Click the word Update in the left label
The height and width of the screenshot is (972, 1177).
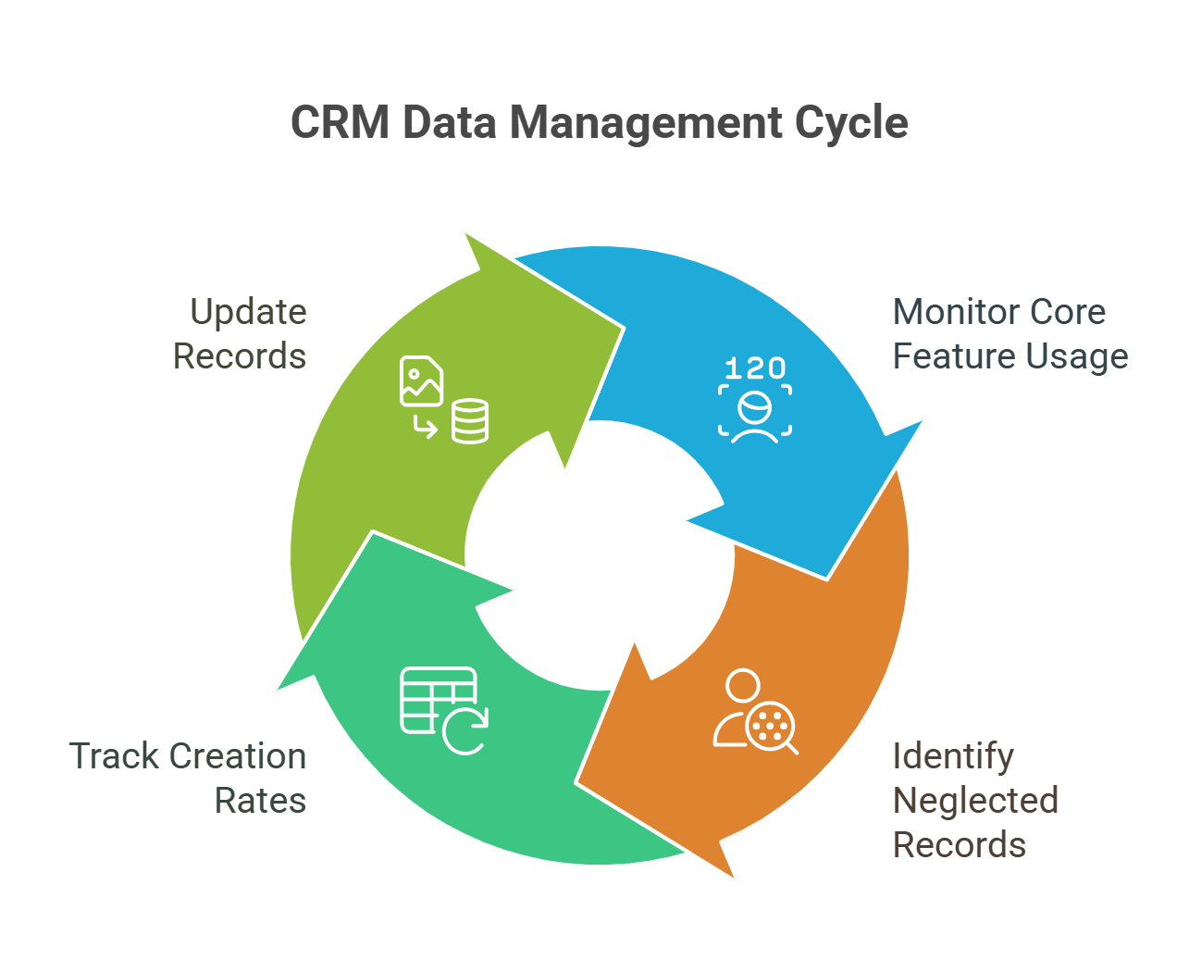tap(248, 312)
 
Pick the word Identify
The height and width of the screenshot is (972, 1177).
tap(953, 757)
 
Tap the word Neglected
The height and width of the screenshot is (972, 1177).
tap(975, 801)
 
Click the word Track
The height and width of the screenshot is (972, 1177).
tap(114, 756)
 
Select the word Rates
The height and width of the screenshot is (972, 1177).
tap(260, 801)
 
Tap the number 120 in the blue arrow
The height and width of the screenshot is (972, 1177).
tap(755, 368)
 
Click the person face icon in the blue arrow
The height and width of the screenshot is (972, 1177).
tap(755, 413)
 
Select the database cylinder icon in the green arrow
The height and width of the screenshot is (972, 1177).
tap(470, 421)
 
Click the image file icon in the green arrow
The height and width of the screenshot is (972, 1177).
tap(421, 380)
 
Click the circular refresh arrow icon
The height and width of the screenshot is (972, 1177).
tap(465, 730)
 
